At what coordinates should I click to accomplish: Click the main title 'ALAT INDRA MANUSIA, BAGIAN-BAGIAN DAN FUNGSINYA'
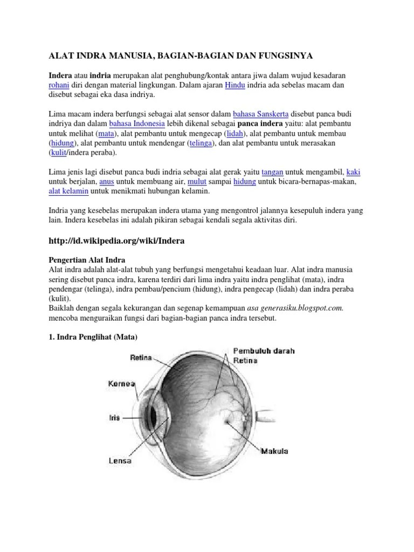point(181,56)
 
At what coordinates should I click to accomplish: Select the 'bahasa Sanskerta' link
point(261,114)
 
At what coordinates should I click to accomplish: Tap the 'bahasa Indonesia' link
point(137,123)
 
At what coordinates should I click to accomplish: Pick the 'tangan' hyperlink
point(272,172)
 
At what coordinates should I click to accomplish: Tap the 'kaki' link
point(353,172)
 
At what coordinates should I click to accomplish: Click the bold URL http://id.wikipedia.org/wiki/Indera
point(117,241)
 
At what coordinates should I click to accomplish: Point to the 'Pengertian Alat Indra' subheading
point(87,259)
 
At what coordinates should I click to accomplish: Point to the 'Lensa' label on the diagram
point(120,460)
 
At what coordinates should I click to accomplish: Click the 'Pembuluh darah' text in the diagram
point(264,351)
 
